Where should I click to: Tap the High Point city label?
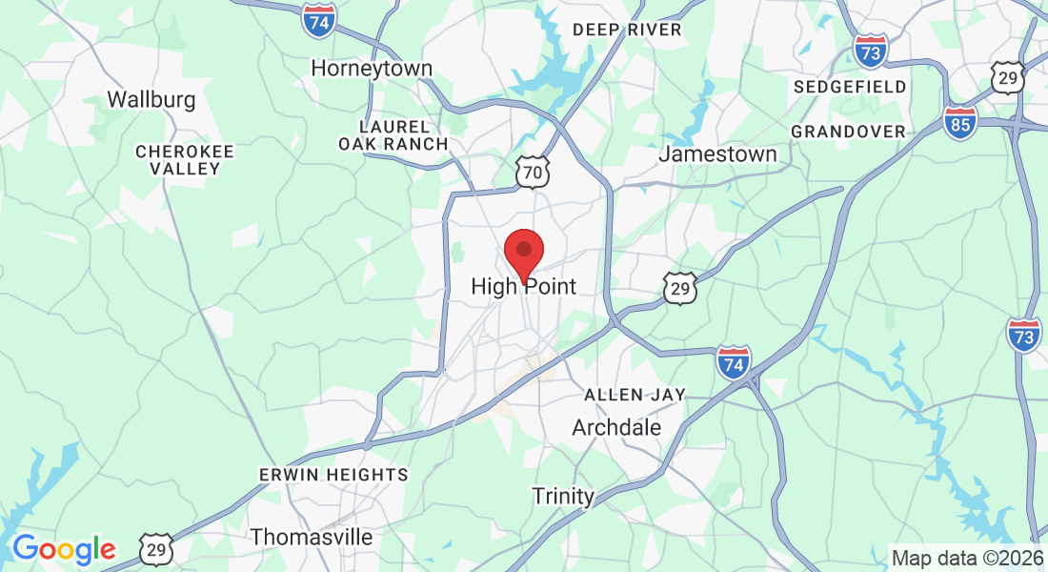523,286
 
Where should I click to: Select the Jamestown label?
717,153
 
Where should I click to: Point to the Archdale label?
616,428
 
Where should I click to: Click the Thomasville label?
312,537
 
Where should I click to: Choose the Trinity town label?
563,496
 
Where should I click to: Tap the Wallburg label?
151,99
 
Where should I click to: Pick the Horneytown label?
372,69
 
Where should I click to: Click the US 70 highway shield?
534,173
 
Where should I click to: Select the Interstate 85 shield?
960,123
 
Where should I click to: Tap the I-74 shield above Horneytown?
318,21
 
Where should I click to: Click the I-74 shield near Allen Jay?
734,362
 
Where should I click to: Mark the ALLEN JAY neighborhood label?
635,395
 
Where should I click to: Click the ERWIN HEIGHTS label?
333,474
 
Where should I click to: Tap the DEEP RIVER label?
627,30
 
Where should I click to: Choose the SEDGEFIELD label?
850,87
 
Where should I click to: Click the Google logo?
64,548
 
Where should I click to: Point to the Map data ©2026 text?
966,558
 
